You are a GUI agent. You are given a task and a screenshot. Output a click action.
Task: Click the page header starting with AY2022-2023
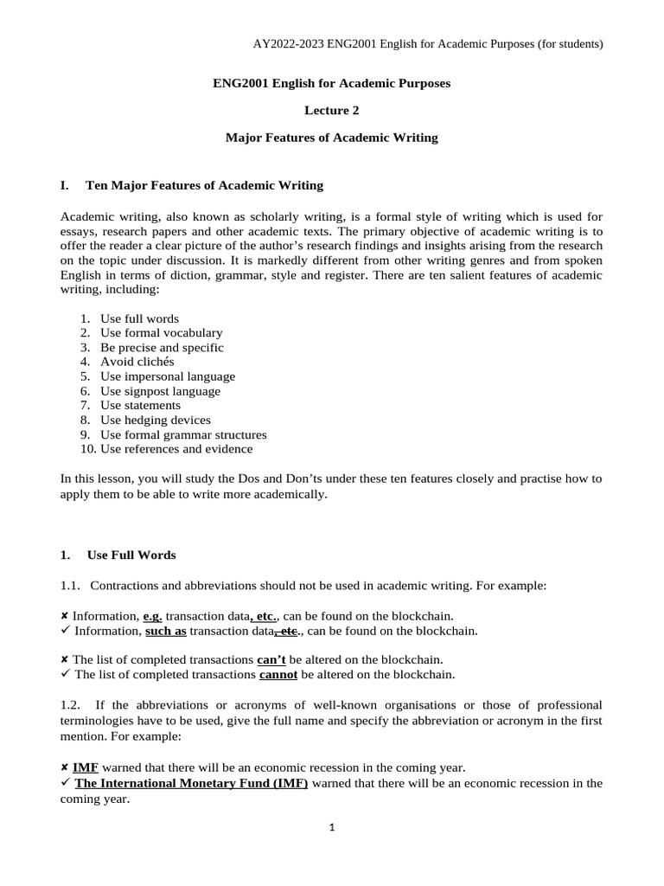tap(428, 43)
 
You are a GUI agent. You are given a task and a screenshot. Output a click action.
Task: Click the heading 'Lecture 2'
tap(331, 110)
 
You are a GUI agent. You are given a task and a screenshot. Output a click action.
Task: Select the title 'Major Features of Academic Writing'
tap(331, 137)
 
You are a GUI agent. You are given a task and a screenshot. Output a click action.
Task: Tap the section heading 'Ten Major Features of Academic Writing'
tap(204, 185)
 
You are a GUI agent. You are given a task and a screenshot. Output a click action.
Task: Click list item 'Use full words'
tap(139, 318)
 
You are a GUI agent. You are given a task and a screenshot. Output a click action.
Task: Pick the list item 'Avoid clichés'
tap(137, 362)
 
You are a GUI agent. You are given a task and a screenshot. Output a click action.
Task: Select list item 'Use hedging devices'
tap(155, 420)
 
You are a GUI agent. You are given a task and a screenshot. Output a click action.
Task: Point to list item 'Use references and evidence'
tap(176, 448)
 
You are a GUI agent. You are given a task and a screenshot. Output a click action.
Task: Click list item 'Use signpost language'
tap(160, 391)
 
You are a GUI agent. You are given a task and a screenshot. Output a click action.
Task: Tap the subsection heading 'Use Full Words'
tap(131, 555)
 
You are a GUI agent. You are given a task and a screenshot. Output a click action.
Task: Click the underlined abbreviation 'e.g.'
tap(152, 616)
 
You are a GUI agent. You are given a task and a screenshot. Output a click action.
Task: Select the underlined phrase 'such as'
tap(166, 631)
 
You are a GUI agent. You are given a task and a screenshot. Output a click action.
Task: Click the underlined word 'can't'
tap(271, 660)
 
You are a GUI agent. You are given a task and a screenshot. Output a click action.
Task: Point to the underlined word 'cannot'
tap(278, 675)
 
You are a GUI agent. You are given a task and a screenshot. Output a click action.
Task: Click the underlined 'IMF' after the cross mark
tap(85, 767)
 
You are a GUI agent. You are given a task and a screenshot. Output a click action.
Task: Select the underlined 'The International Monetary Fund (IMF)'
tap(191, 783)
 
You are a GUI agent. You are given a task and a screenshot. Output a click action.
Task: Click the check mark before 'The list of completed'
tap(66, 675)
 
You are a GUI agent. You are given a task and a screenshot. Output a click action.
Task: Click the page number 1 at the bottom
tap(331, 827)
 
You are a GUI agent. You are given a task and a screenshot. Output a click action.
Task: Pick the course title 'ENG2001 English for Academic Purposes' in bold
tap(331, 83)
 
